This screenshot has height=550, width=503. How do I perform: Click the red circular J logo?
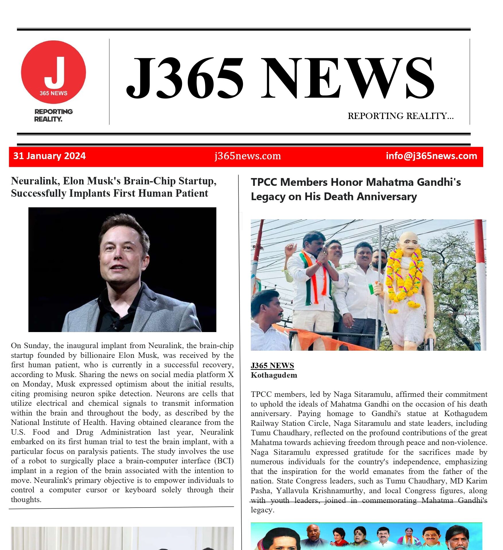pyautogui.click(x=53, y=72)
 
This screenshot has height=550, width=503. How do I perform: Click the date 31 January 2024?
pyautogui.click(x=49, y=156)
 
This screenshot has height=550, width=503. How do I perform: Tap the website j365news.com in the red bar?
pyautogui.click(x=248, y=156)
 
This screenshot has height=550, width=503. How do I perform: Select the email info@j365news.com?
pyautogui.click(x=431, y=156)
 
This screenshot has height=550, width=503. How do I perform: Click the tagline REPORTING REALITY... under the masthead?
pyautogui.click(x=401, y=116)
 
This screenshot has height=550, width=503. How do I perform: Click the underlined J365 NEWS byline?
pyautogui.click(x=272, y=365)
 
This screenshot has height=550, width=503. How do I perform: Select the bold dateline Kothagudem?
pyautogui.click(x=274, y=375)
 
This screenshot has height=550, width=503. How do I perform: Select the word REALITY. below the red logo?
pyautogui.click(x=48, y=119)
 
